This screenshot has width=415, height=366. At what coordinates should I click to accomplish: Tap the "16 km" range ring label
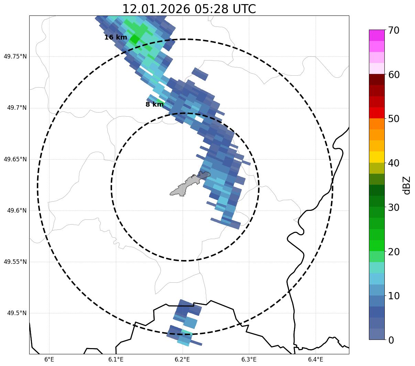(116, 37)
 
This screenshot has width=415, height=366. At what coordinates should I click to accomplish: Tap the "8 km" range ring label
(154, 105)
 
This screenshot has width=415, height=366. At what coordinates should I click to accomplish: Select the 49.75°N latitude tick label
(15, 56)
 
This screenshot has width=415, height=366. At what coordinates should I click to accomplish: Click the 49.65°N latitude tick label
(15, 159)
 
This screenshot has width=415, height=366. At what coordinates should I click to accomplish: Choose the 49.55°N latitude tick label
(15, 262)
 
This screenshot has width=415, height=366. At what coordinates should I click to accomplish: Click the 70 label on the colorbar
(394, 31)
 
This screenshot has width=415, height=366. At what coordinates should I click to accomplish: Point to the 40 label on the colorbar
(394, 163)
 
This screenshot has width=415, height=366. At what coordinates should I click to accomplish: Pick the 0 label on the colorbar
(391, 340)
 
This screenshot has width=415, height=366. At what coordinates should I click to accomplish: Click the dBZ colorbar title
(407, 185)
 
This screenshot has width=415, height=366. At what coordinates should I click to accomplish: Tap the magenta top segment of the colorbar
(376, 35)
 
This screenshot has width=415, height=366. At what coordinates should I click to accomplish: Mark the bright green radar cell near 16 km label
(134, 39)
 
